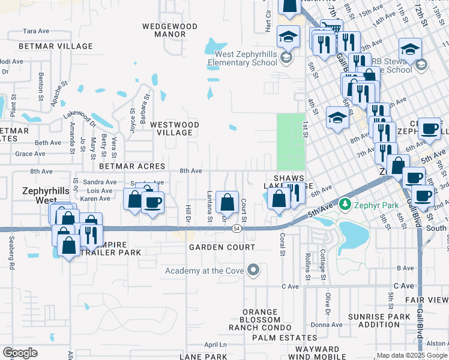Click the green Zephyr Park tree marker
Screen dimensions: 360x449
(x=345, y=205)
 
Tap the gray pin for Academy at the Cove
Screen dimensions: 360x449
(x=253, y=271)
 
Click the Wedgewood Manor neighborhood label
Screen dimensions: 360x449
(x=170, y=30)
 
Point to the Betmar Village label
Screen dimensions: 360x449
(x=56, y=46)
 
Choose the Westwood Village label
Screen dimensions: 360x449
(x=174, y=128)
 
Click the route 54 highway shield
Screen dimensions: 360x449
(x=238, y=229)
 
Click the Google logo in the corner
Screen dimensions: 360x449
(x=20, y=353)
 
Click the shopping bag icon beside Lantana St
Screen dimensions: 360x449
(x=227, y=202)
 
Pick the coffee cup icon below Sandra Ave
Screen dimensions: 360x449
(x=152, y=202)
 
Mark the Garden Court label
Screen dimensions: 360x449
(x=221, y=247)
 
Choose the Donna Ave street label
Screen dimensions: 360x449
(x=327, y=325)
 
